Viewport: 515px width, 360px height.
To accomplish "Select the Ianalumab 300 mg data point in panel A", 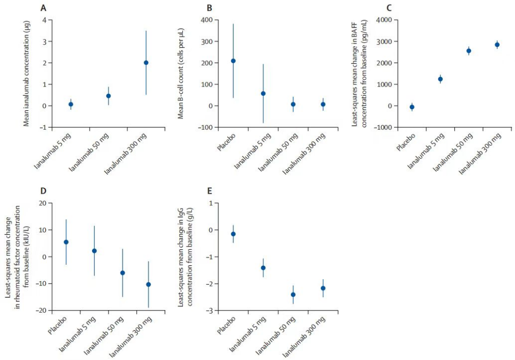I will point(146,63).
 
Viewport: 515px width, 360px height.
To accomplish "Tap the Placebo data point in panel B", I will point(233,61).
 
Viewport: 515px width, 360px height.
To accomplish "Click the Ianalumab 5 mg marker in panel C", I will point(440,79).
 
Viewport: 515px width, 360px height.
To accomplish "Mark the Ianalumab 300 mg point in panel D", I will point(148,284).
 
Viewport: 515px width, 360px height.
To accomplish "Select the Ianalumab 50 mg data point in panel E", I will point(293,295).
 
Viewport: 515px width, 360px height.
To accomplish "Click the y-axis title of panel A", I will point(26,73).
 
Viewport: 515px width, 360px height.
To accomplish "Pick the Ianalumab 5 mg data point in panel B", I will point(263,94).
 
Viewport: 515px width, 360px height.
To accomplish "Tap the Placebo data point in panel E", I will point(233,234).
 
